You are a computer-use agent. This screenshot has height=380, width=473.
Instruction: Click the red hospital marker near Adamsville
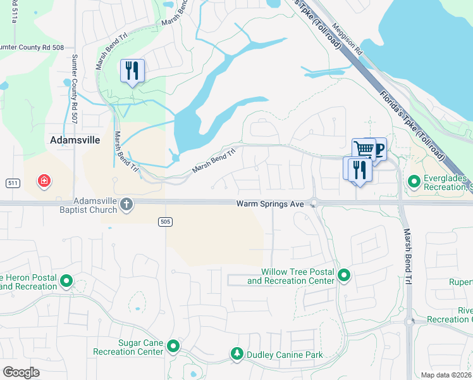44,182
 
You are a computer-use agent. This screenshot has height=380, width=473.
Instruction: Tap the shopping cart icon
364,149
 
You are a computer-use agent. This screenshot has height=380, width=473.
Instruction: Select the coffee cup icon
378,149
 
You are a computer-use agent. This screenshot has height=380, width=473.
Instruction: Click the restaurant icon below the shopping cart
358,169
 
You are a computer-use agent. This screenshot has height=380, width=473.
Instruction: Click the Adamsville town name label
75,140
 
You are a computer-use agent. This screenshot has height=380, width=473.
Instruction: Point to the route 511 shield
11,182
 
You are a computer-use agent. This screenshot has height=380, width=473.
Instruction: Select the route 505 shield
164,221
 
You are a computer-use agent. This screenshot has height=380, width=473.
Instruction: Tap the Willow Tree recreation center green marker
344,275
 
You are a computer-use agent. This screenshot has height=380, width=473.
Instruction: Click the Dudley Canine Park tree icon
236,354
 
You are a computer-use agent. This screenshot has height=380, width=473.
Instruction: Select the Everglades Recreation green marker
414,182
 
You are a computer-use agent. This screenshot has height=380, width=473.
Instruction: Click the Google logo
21,372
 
